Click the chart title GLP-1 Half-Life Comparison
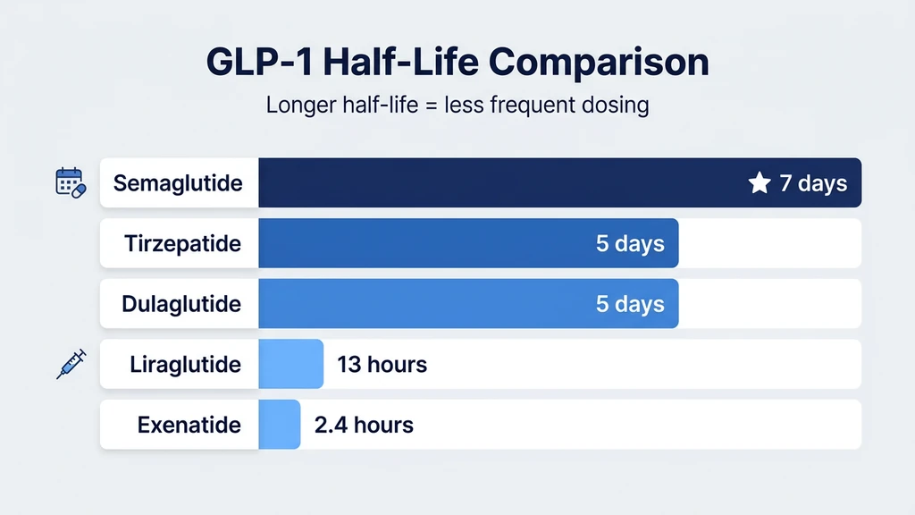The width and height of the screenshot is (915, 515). pyautogui.click(x=457, y=62)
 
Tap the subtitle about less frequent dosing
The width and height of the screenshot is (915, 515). pyautogui.click(x=457, y=105)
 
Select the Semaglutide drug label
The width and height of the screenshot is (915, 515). pyautogui.click(x=178, y=184)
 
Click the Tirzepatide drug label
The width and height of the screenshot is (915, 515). pyautogui.click(x=182, y=244)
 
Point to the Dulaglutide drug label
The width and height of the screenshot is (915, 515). pyautogui.click(x=181, y=304)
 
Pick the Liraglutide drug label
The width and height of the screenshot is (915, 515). pyautogui.click(x=185, y=365)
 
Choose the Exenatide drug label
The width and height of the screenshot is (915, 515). pyautogui.click(x=189, y=425)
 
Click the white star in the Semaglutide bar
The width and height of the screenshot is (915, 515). pyautogui.click(x=760, y=184)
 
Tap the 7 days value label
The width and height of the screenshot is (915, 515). pyautogui.click(x=813, y=184)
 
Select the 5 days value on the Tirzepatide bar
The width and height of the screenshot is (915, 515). pyautogui.click(x=630, y=244)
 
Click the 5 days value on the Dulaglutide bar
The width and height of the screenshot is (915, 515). pyautogui.click(x=630, y=304)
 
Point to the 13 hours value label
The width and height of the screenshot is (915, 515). pyautogui.click(x=382, y=365)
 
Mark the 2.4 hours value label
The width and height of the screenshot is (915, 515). pyautogui.click(x=364, y=425)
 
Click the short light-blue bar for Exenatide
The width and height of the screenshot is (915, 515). pyautogui.click(x=280, y=425)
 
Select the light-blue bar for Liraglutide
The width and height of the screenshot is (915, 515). pyautogui.click(x=290, y=365)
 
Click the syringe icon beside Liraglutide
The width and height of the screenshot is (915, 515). pyautogui.click(x=71, y=364)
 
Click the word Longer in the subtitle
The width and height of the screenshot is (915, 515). pyautogui.click(x=301, y=105)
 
